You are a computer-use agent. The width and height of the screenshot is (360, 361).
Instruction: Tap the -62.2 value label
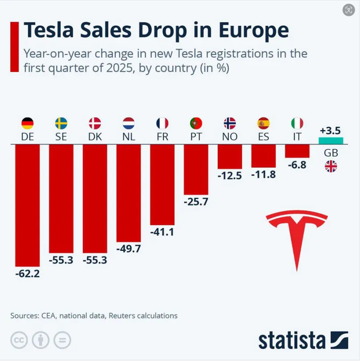(27, 274)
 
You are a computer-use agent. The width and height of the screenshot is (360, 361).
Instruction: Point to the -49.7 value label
(129, 249)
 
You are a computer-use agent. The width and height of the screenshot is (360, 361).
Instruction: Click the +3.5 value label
(331, 129)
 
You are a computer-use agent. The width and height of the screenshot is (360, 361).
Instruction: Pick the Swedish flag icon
(61, 123)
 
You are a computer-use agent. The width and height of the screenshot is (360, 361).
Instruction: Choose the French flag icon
(162, 123)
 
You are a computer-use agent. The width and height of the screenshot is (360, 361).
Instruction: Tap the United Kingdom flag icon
(331, 166)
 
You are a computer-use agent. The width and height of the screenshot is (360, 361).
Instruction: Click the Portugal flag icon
(196, 123)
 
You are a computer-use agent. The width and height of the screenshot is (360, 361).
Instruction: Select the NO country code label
(229, 137)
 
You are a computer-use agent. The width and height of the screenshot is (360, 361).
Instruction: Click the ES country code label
(263, 137)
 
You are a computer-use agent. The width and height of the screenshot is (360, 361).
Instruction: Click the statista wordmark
(292, 340)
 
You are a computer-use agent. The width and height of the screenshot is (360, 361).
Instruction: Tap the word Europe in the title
(253, 30)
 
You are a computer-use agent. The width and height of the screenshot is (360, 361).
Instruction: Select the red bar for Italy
(297, 151)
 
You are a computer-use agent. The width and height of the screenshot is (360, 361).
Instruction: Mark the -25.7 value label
(196, 202)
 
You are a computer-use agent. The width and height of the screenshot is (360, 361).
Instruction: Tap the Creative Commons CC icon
(20, 340)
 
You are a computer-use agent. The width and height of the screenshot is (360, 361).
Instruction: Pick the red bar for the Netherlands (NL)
(129, 192)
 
